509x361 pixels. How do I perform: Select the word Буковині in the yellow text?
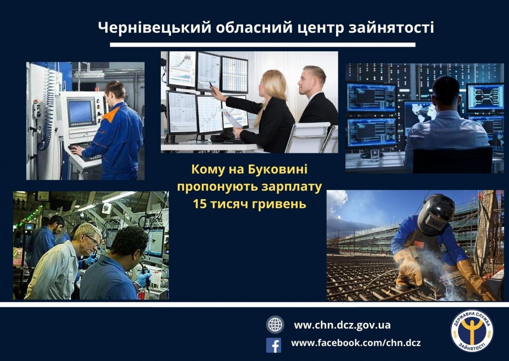pos(277,169)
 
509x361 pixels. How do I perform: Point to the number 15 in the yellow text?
pos(200,204)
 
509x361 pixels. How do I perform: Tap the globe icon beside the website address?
pos(275,325)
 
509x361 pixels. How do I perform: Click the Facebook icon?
pos(274,345)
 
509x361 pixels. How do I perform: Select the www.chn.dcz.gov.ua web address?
pos(342,325)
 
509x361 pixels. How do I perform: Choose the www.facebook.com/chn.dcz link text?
pos(356,343)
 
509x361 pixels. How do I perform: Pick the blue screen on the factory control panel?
pos(80,112)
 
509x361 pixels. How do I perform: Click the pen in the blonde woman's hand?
pos(211,86)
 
